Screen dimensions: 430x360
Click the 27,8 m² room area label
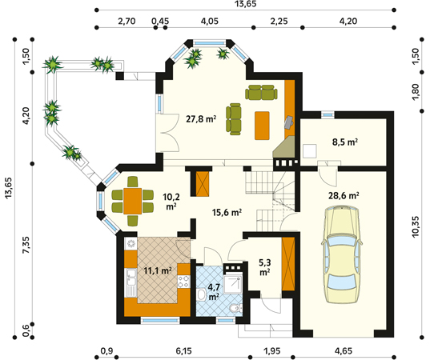point(201,119)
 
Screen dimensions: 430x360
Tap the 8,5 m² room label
point(344,142)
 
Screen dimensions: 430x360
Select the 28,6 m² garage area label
point(344,196)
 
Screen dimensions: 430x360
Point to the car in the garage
point(341,254)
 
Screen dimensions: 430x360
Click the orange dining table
point(132,201)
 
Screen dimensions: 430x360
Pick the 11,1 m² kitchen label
point(158,270)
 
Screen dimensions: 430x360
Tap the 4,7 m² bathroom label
point(214,291)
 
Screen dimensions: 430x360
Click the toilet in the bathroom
point(235,309)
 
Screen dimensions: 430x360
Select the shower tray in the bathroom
point(232,284)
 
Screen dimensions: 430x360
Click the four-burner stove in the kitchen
point(183,282)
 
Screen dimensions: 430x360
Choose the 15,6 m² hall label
point(227,212)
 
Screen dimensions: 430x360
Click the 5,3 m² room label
point(264,267)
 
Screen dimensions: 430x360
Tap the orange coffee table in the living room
point(262,126)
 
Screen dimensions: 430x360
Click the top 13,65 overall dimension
point(245,3)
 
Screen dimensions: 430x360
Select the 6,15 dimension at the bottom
point(183,351)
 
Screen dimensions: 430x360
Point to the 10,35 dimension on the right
point(416,226)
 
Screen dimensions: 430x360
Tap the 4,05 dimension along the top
point(210,21)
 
